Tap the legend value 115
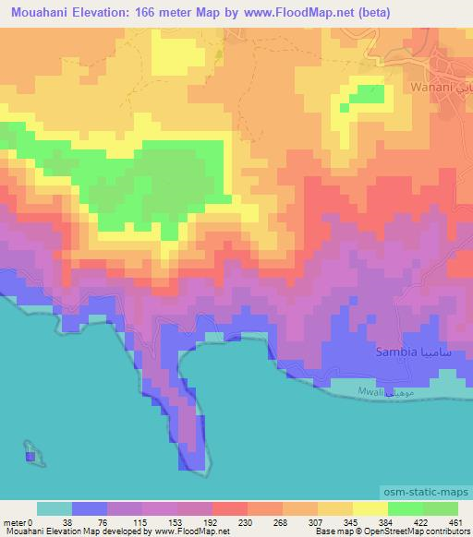click(x=141, y=520)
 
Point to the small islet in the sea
click(x=30, y=455)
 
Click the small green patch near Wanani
click(x=368, y=94)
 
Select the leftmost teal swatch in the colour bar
click(x=54, y=508)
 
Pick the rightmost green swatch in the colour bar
click(x=440, y=508)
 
